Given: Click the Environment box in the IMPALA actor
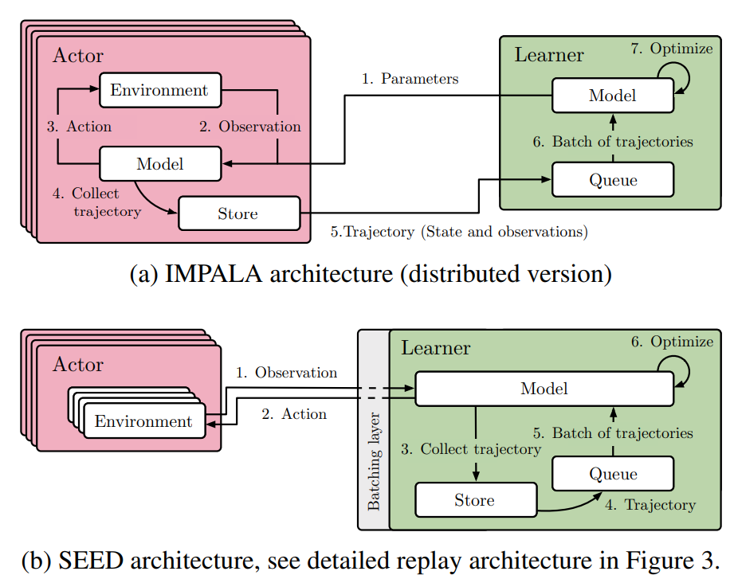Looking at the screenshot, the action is click(x=160, y=90).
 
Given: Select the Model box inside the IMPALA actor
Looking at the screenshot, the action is click(x=160, y=164).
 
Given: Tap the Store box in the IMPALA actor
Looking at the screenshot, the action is click(x=239, y=213).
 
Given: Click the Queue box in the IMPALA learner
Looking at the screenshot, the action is click(x=613, y=179).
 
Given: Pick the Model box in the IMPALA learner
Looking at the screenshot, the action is click(x=613, y=96).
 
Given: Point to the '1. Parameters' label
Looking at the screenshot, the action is click(x=410, y=79).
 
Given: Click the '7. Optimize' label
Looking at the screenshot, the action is click(x=672, y=48).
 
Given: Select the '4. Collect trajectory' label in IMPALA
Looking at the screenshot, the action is click(x=96, y=202).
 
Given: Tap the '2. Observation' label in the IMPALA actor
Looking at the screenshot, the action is click(x=250, y=127).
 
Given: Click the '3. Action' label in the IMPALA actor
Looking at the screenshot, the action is click(x=79, y=127).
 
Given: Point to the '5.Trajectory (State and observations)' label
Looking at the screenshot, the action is click(x=459, y=232).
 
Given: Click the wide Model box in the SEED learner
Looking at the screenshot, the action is click(x=544, y=389).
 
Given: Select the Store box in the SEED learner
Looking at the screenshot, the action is click(x=476, y=500).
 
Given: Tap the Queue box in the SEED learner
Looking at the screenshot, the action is click(x=613, y=474).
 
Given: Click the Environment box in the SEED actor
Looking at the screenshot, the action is click(x=144, y=421).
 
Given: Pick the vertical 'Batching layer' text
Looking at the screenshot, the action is click(x=374, y=461).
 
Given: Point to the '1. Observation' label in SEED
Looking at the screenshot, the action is click(x=286, y=372).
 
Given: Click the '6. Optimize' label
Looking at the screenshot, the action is click(x=672, y=342).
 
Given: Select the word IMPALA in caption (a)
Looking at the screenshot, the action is click(x=214, y=274).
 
